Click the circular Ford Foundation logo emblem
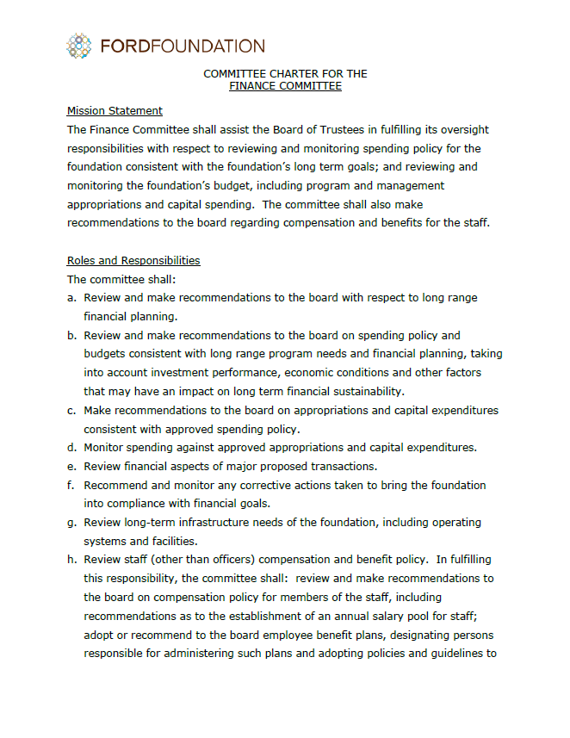[79, 46]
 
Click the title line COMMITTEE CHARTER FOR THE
[285, 74]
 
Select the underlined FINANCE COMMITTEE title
[285, 86]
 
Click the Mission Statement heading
[115, 111]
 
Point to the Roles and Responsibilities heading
[133, 260]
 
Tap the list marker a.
[72, 298]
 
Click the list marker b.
[72, 335]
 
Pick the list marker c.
[72, 411]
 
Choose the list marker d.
[72, 448]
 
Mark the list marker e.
[72, 467]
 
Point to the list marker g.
[72, 523]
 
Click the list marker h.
[72, 560]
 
